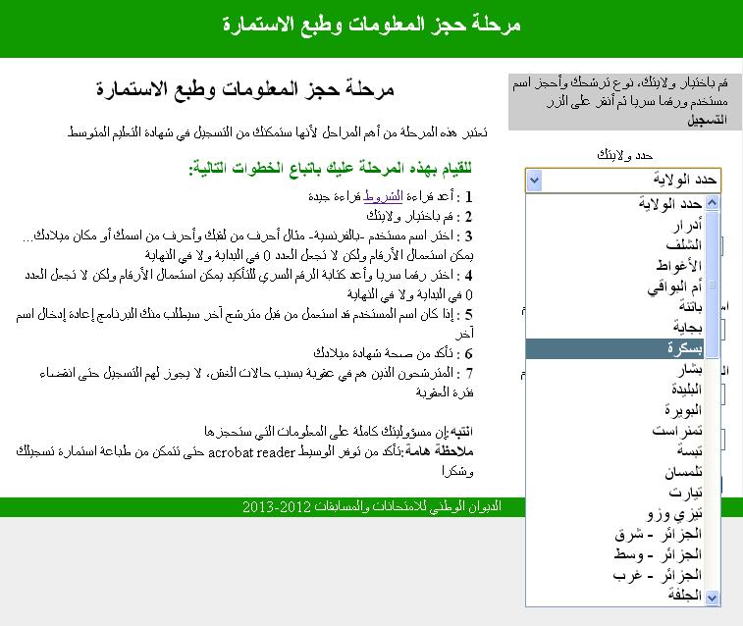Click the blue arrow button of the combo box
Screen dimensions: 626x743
tap(533, 181)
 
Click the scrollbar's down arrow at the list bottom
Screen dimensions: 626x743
tap(713, 597)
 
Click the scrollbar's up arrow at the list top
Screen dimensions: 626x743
tap(713, 203)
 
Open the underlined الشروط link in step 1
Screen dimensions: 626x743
tap(385, 196)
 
